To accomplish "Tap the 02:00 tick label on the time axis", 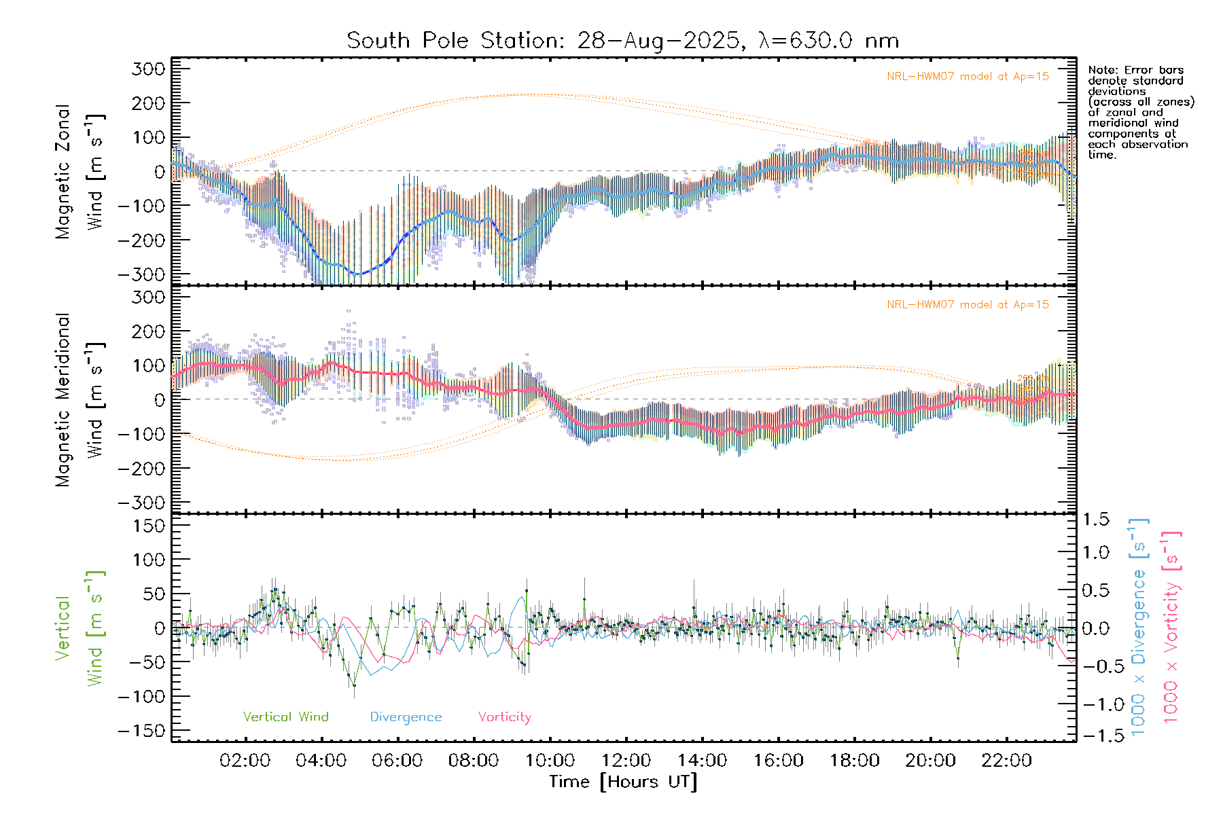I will [x=245, y=761].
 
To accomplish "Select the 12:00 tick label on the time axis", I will [x=626, y=761].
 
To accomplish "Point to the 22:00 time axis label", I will [x=1006, y=761].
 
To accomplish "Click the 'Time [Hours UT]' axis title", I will [x=623, y=782].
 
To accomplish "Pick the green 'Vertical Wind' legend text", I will [x=285, y=717].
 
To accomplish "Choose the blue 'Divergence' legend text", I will [x=406, y=717].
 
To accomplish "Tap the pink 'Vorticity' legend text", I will [x=504, y=717].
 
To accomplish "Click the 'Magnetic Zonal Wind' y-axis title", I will [x=79, y=171].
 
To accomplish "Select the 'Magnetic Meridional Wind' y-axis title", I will [x=79, y=400].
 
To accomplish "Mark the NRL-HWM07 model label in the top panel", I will [x=968, y=77].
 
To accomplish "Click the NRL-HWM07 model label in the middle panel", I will [x=968, y=305].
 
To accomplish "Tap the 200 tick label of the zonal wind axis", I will [x=149, y=103].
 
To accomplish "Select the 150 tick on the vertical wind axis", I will [x=149, y=526].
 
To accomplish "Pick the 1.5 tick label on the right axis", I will [x=1095, y=520].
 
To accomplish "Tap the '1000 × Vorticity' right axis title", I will [x=1171, y=627].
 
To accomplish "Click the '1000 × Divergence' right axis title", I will [x=1139, y=627].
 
